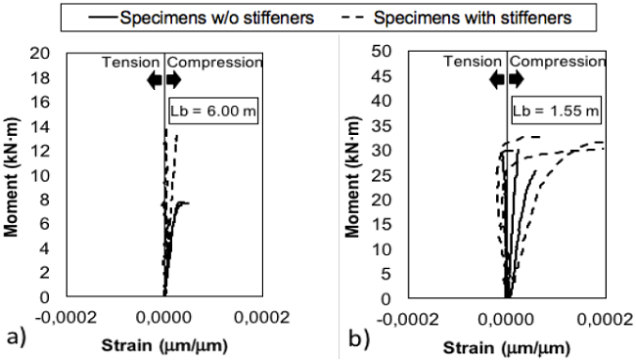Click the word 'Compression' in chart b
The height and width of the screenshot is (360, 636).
[x=557, y=62]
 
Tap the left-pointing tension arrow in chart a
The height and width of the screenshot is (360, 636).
[x=154, y=81]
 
